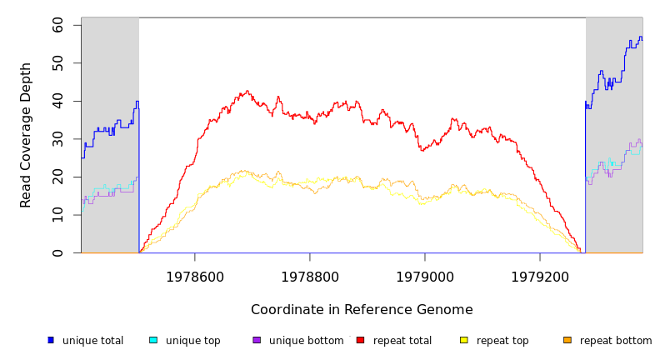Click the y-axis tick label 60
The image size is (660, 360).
click(57, 25)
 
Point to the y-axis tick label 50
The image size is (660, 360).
click(57, 63)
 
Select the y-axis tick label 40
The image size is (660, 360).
click(57, 101)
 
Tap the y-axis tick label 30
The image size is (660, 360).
click(57, 139)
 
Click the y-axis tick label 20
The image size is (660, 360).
click(57, 177)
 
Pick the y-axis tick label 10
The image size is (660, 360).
click(57, 215)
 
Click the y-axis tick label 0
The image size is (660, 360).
click(57, 252)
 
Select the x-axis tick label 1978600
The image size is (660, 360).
click(195, 277)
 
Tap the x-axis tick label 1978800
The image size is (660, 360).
click(310, 277)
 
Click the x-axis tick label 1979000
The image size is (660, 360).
click(425, 277)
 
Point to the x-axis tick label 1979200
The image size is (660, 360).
click(540, 277)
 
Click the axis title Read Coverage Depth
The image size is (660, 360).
click(26, 135)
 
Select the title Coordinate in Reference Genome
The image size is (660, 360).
click(362, 310)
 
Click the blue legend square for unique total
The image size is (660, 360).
click(50, 340)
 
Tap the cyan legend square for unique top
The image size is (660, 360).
click(153, 340)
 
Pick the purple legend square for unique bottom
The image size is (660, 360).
click(257, 340)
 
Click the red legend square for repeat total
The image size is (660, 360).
click(360, 340)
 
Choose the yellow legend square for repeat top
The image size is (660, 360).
click(464, 340)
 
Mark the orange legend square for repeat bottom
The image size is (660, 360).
click(567, 340)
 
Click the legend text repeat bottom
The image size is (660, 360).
click(616, 341)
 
